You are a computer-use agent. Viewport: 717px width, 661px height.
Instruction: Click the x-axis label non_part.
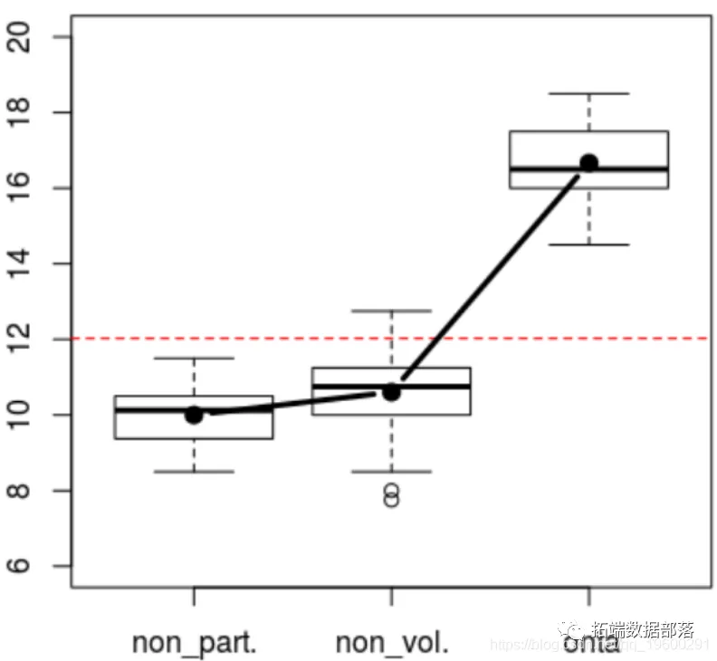(x=194, y=643)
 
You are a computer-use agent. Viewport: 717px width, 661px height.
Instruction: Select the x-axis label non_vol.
(x=391, y=643)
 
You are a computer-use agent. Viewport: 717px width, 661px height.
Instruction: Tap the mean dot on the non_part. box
(x=194, y=414)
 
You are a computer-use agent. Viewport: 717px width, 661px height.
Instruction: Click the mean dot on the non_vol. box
(x=391, y=391)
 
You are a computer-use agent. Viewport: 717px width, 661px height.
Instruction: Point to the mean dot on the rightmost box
(x=589, y=163)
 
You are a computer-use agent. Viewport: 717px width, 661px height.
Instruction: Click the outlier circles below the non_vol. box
(x=391, y=495)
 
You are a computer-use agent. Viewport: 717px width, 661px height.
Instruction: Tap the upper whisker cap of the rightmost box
(x=589, y=93)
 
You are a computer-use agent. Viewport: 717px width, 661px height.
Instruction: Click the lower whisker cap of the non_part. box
(x=194, y=471)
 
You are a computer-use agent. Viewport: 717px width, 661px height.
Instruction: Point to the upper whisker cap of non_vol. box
(x=391, y=311)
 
